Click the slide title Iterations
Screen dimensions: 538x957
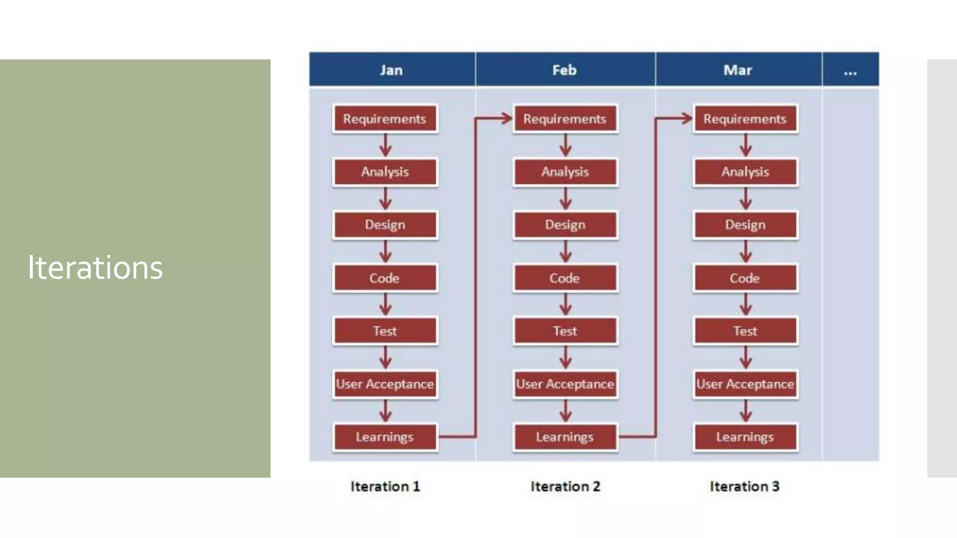95,268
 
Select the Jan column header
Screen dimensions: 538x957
391,70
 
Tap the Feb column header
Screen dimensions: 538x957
564,70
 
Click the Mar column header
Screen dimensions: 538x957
738,70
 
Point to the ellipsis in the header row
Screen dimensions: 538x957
850,71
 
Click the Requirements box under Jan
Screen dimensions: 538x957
385,119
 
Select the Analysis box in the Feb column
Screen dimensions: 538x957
565,172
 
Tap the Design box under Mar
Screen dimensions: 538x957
745,225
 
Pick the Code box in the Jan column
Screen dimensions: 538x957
385,278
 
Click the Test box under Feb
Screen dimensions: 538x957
565,331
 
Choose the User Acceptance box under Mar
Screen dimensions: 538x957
745,384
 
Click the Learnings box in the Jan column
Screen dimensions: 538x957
385,437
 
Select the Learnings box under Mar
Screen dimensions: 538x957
745,437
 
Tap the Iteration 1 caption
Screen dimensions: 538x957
385,486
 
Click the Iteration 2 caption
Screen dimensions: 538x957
565,486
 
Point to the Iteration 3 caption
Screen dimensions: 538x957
744,486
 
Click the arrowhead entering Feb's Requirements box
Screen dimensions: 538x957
507,118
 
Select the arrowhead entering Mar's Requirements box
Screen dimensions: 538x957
686,118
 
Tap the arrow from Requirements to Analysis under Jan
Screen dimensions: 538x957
386,146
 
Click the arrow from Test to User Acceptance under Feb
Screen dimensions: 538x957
565,358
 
